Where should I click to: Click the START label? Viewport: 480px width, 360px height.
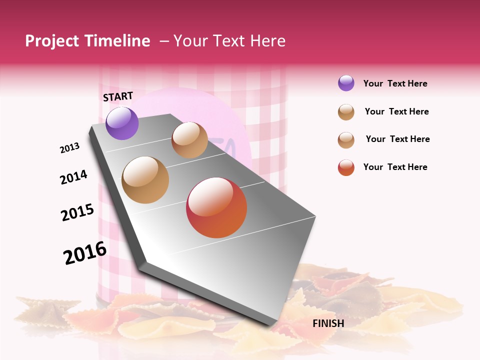[x=118, y=96]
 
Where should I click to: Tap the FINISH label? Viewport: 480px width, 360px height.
[x=328, y=323]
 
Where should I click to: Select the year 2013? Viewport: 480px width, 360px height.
[x=70, y=148]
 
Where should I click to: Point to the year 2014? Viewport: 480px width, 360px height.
[x=73, y=177]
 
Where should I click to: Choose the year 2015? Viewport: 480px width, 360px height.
[x=77, y=212]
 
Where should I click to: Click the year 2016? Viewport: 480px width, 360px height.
[x=85, y=252]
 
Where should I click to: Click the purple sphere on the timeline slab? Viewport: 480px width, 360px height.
[x=122, y=123]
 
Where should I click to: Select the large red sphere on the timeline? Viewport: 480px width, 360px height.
[x=216, y=207]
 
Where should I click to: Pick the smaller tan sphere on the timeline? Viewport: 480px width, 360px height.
[x=189, y=140]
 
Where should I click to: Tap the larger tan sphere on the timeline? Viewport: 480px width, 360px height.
[x=145, y=180]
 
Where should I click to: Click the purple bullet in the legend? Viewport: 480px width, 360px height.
[x=346, y=83]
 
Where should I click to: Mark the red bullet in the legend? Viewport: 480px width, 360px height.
[x=346, y=167]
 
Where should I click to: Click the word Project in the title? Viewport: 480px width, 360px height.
[x=52, y=41]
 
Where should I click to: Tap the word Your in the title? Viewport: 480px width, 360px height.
[x=190, y=41]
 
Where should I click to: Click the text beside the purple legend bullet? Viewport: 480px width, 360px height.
[x=395, y=83]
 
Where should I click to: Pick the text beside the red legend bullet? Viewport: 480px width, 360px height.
[x=395, y=167]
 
